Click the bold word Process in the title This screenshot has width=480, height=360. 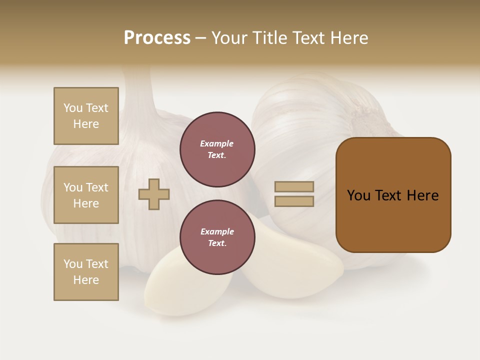pyautogui.click(x=157, y=38)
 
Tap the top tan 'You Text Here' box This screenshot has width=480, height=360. pyautogui.click(x=86, y=116)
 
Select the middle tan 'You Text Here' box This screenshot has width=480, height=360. pyautogui.click(x=86, y=195)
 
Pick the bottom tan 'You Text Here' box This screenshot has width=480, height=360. pyautogui.click(x=86, y=271)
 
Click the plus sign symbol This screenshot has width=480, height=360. pyautogui.click(x=154, y=194)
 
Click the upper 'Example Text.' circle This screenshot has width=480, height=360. pyautogui.click(x=217, y=149)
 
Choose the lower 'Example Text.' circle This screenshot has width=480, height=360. pyautogui.click(x=217, y=237)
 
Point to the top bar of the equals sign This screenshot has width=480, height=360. pyautogui.click(x=294, y=187)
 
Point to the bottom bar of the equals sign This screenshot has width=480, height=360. pyautogui.click(x=294, y=201)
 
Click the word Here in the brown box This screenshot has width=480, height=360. pyautogui.click(x=422, y=195)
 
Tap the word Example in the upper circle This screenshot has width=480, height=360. pyautogui.click(x=217, y=144)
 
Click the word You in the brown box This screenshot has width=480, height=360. pyautogui.click(x=358, y=195)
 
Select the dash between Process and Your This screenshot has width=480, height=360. pyautogui.click(x=200, y=38)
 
